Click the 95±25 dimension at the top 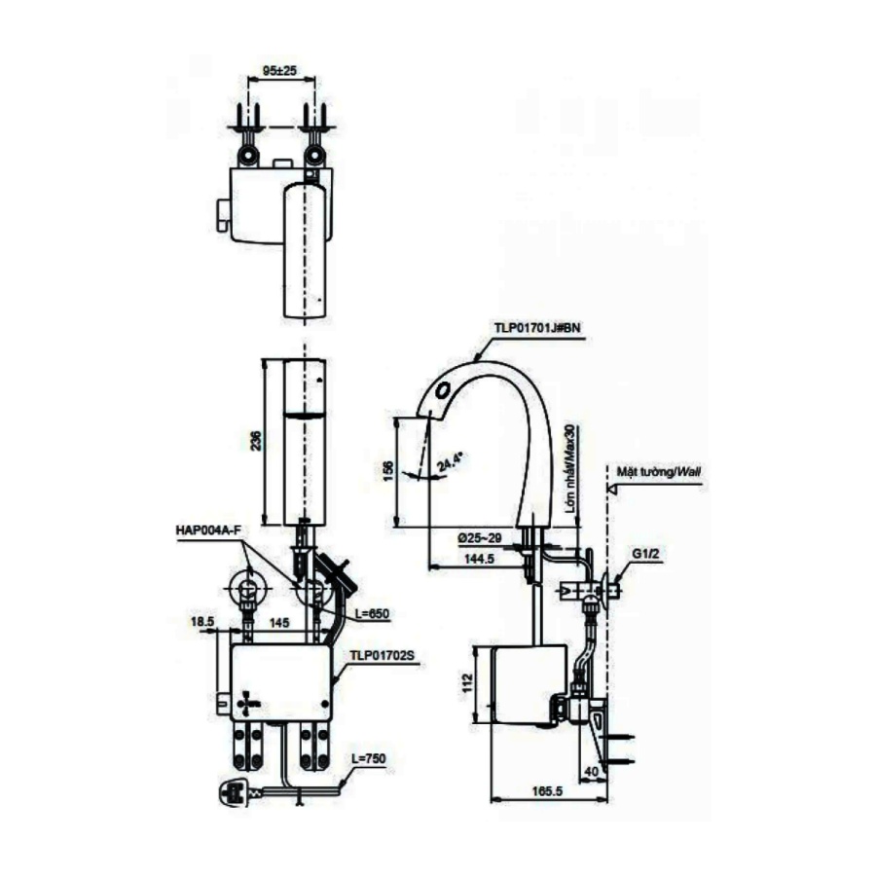279,71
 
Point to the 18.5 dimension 202,620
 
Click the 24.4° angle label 450,460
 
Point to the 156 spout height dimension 389,468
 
